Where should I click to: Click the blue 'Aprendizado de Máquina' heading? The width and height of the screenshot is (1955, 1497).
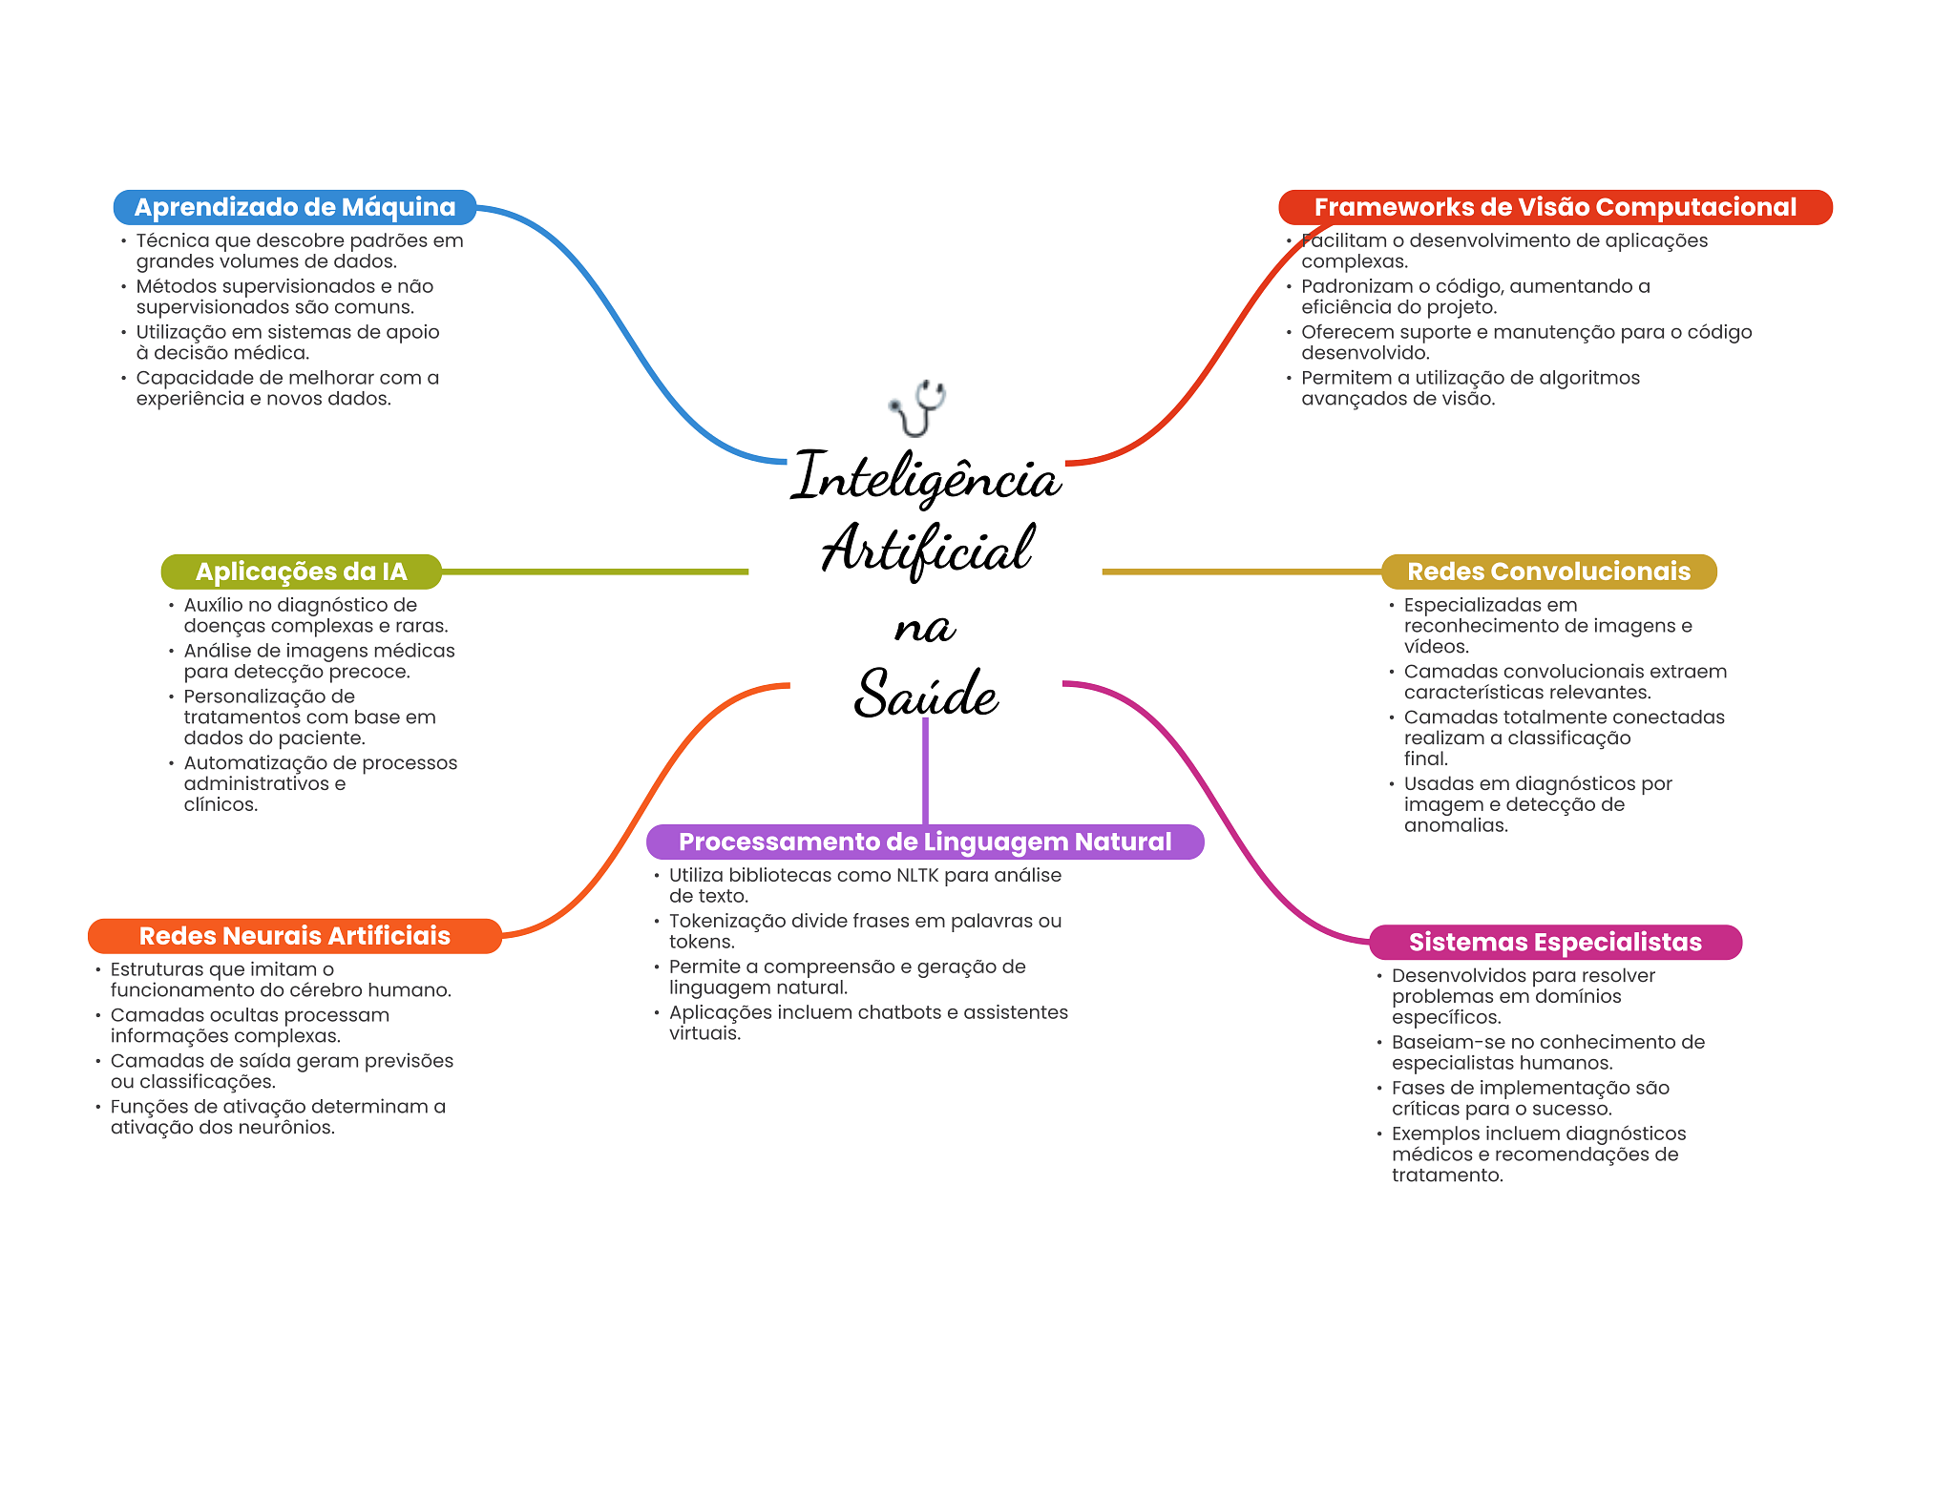pyautogui.click(x=294, y=207)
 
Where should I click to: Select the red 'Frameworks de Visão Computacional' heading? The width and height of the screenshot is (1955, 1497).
pyautogui.click(x=1554, y=207)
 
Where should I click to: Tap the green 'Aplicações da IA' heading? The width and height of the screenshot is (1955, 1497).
pyautogui.click(x=301, y=572)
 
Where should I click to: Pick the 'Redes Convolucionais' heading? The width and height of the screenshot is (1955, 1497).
pyautogui.click(x=1548, y=572)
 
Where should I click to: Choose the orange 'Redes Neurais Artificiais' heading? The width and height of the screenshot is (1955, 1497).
pyautogui.click(x=294, y=936)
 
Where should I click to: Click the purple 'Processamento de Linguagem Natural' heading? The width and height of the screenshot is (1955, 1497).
pyautogui.click(x=924, y=842)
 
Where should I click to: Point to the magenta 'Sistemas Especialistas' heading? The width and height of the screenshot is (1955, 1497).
pyautogui.click(x=1554, y=943)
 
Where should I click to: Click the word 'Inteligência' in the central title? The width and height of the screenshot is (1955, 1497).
pyautogui.click(x=925, y=477)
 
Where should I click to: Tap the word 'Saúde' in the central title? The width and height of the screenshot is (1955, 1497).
pyautogui.click(x=925, y=694)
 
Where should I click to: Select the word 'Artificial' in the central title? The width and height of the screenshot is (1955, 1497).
pyautogui.click(x=927, y=550)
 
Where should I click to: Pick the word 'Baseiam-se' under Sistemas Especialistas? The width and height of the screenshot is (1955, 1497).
pyautogui.click(x=1442, y=1043)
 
